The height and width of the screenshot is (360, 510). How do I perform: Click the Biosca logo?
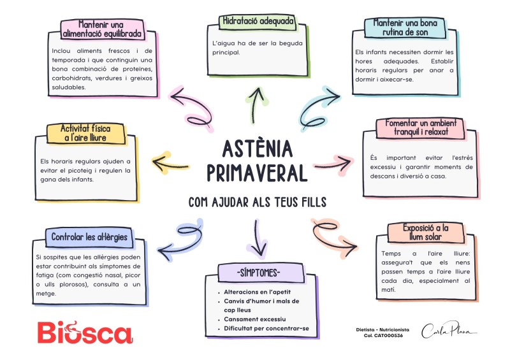(x=84, y=333)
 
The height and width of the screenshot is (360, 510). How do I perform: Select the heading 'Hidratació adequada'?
(x=258, y=21)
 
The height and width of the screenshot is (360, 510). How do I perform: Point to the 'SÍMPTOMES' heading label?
(x=258, y=273)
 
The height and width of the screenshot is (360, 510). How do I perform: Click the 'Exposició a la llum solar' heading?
(x=426, y=233)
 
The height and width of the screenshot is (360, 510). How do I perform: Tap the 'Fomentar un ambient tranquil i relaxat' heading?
(x=421, y=127)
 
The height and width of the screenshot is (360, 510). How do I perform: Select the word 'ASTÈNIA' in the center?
(x=258, y=149)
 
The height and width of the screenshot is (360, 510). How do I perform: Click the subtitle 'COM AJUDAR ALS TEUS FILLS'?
(x=258, y=202)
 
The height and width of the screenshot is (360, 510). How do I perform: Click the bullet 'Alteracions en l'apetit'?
(x=254, y=292)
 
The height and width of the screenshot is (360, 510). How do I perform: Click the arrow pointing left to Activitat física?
(x=168, y=162)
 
